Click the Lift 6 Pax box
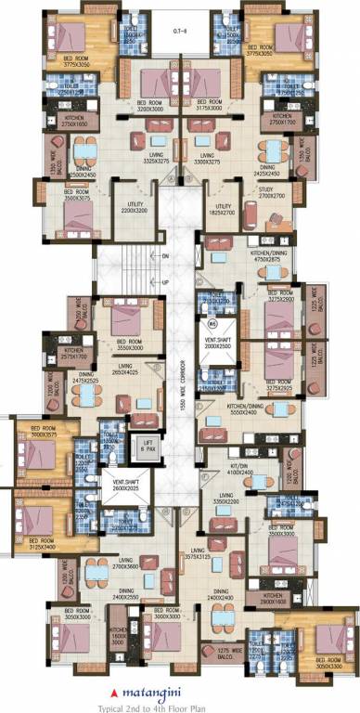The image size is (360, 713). pos(148,446)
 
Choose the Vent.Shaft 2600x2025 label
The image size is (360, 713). pos(125,486)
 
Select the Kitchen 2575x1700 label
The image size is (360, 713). pos(73,354)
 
